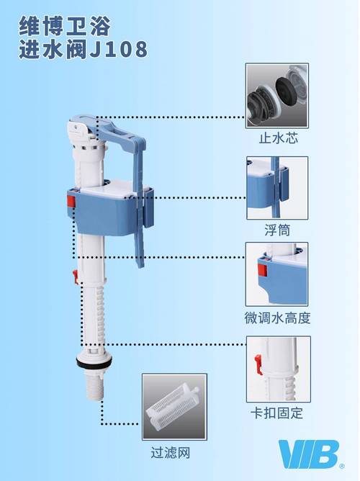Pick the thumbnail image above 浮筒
[277, 188]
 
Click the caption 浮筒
[277, 230]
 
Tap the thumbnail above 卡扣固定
[277, 369]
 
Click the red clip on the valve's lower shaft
[74, 276]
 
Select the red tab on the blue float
[71, 199]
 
